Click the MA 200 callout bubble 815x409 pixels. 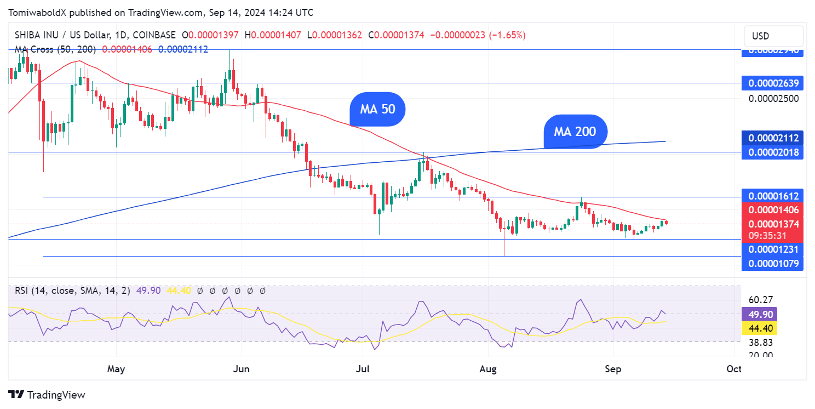click(x=575, y=132)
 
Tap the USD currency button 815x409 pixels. click(x=773, y=36)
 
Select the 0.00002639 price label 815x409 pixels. click(x=772, y=84)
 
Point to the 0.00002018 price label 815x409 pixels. click(x=772, y=152)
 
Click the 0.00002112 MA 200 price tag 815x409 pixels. click(x=772, y=138)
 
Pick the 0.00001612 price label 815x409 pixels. click(x=772, y=196)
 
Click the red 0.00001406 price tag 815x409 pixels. click(x=772, y=210)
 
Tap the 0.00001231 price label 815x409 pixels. click(x=772, y=249)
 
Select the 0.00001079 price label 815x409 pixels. click(x=772, y=264)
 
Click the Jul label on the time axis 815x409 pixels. click(x=362, y=369)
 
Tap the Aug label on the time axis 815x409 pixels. click(x=487, y=369)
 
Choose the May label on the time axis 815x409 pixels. click(x=116, y=369)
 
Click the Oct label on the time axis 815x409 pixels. click(x=733, y=369)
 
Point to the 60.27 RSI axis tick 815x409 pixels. click(x=760, y=300)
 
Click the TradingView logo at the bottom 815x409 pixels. click(x=47, y=395)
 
